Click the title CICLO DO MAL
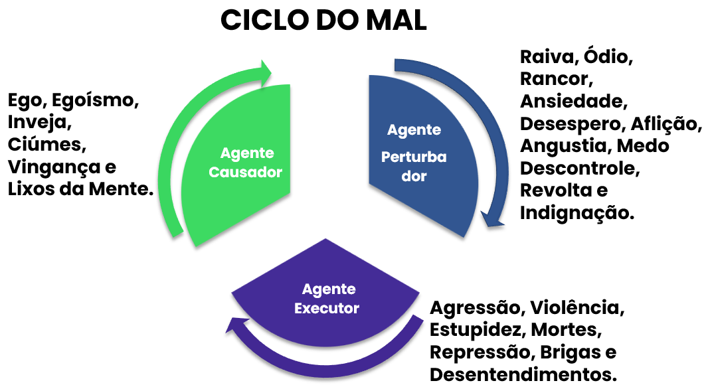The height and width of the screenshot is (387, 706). pos(323,21)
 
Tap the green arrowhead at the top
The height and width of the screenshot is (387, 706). pos(265,70)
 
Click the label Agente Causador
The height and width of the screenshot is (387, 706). pos(245,163)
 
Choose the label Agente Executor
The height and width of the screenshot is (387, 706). pos(327,299)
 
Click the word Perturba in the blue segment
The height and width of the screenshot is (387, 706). pos(413,157)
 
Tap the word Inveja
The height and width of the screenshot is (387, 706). pos(38,123)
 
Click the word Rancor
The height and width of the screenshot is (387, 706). pos(557,80)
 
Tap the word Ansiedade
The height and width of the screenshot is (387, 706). pos(573,102)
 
